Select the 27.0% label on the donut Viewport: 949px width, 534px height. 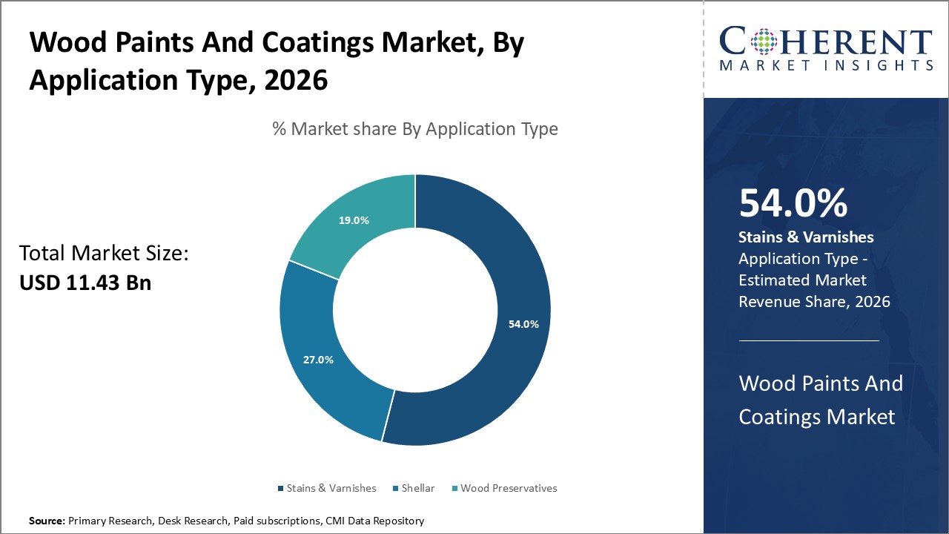[x=318, y=360]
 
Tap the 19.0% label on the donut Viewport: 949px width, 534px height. [x=354, y=220]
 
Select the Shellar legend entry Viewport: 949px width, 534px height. [x=417, y=488]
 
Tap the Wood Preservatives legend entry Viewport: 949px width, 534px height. [x=509, y=488]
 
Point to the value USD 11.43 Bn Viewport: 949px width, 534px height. [x=85, y=283]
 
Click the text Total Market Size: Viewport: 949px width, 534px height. [x=105, y=254]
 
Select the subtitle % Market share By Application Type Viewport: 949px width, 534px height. [x=414, y=129]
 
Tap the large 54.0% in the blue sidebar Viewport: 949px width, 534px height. [x=793, y=203]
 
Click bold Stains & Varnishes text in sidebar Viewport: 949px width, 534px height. [x=806, y=237]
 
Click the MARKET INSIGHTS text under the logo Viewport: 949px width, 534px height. [x=826, y=65]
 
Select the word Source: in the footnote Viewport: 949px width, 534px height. [x=47, y=521]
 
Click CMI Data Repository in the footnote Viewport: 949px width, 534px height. [x=374, y=521]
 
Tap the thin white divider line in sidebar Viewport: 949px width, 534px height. [x=809, y=340]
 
